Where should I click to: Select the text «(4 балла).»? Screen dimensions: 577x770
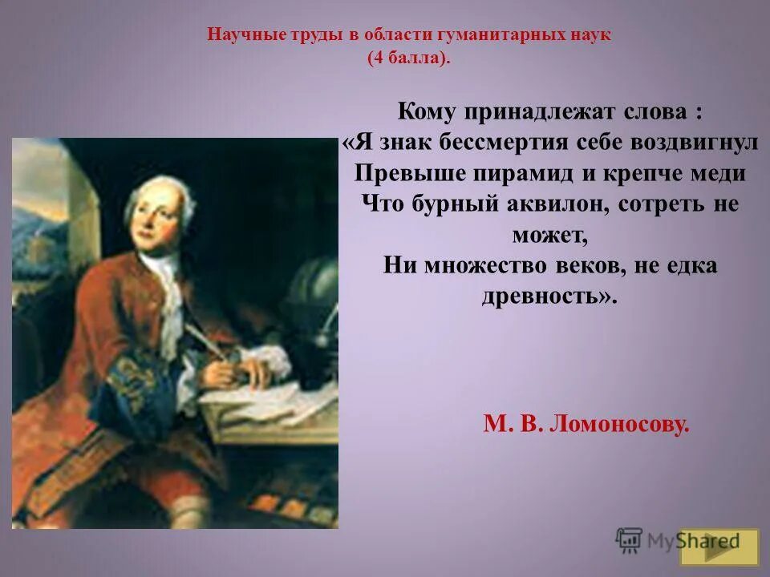click(x=409, y=59)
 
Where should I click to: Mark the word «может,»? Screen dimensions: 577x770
click(x=549, y=235)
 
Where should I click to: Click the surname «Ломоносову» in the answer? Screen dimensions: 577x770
click(x=621, y=424)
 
